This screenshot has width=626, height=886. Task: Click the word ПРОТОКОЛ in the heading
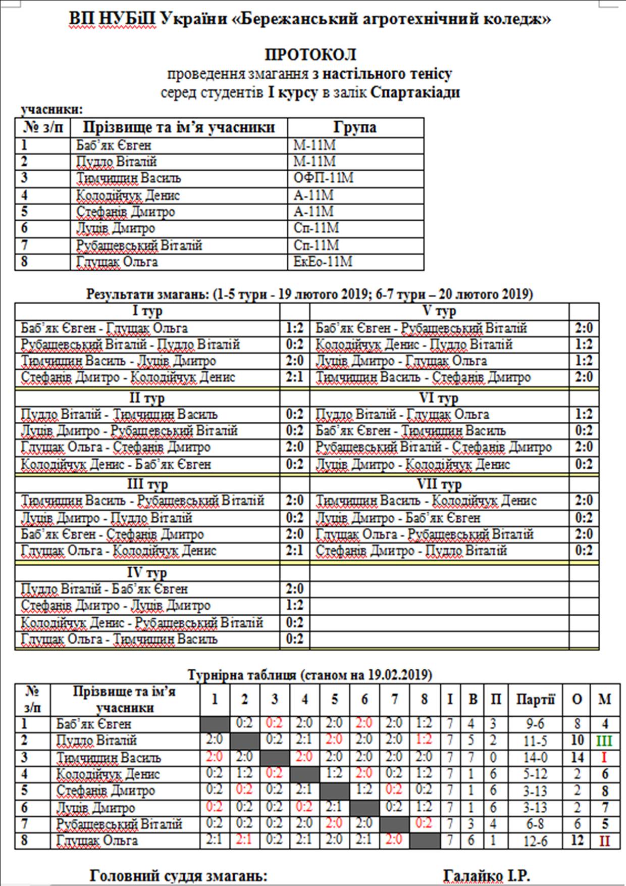(x=310, y=55)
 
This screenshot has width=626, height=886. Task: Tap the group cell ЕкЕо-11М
(x=323, y=262)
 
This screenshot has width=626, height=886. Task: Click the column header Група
(x=355, y=127)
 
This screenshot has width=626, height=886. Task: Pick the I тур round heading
(x=146, y=311)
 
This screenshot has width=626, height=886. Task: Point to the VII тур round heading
(x=439, y=484)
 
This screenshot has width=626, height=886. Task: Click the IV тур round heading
(x=146, y=573)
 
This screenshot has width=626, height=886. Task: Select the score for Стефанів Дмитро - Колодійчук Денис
(x=294, y=377)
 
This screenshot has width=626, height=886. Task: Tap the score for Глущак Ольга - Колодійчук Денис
(x=294, y=551)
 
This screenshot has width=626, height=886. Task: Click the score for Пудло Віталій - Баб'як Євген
(x=294, y=589)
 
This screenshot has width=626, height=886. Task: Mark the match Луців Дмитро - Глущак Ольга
(x=401, y=361)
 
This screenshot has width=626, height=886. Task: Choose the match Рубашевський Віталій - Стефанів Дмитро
(x=434, y=448)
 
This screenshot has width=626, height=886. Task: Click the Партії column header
(x=535, y=700)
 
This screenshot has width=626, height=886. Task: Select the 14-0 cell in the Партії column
(x=535, y=758)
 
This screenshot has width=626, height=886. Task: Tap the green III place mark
(x=604, y=741)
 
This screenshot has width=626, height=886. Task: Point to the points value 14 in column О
(x=577, y=758)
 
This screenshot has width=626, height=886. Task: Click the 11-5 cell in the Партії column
(x=535, y=741)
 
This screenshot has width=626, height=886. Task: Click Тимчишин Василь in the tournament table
(x=109, y=758)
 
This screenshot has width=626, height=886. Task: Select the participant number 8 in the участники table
(x=24, y=262)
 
